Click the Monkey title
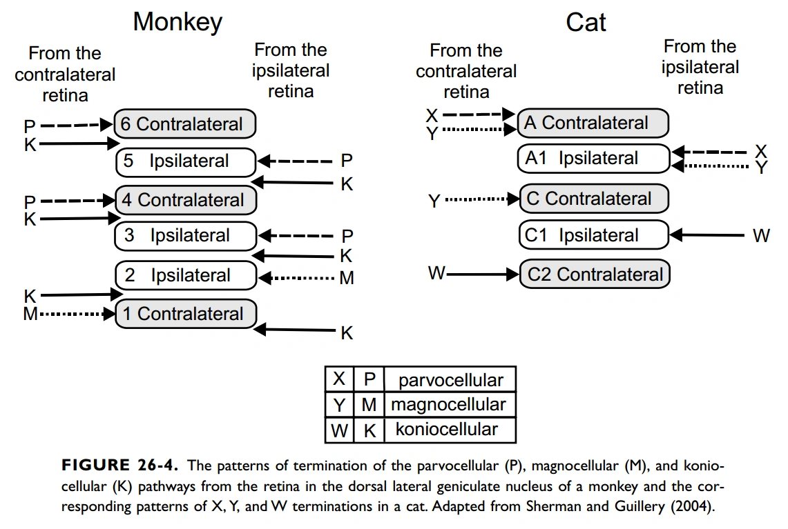click(177, 22)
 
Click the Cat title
click(586, 22)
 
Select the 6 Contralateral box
click(185, 124)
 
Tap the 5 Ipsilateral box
click(185, 161)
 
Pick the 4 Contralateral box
click(185, 200)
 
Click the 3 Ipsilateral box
click(185, 236)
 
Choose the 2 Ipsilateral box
click(185, 275)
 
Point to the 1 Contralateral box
click(185, 314)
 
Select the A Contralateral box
click(593, 123)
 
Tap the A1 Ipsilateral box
click(593, 159)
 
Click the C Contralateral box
click(593, 199)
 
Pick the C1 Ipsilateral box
click(593, 235)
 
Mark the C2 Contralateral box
click(594, 275)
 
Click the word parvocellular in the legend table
click(451, 380)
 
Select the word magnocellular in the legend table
click(448, 405)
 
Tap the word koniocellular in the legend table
click(446, 430)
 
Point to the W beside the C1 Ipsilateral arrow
click(760, 236)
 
